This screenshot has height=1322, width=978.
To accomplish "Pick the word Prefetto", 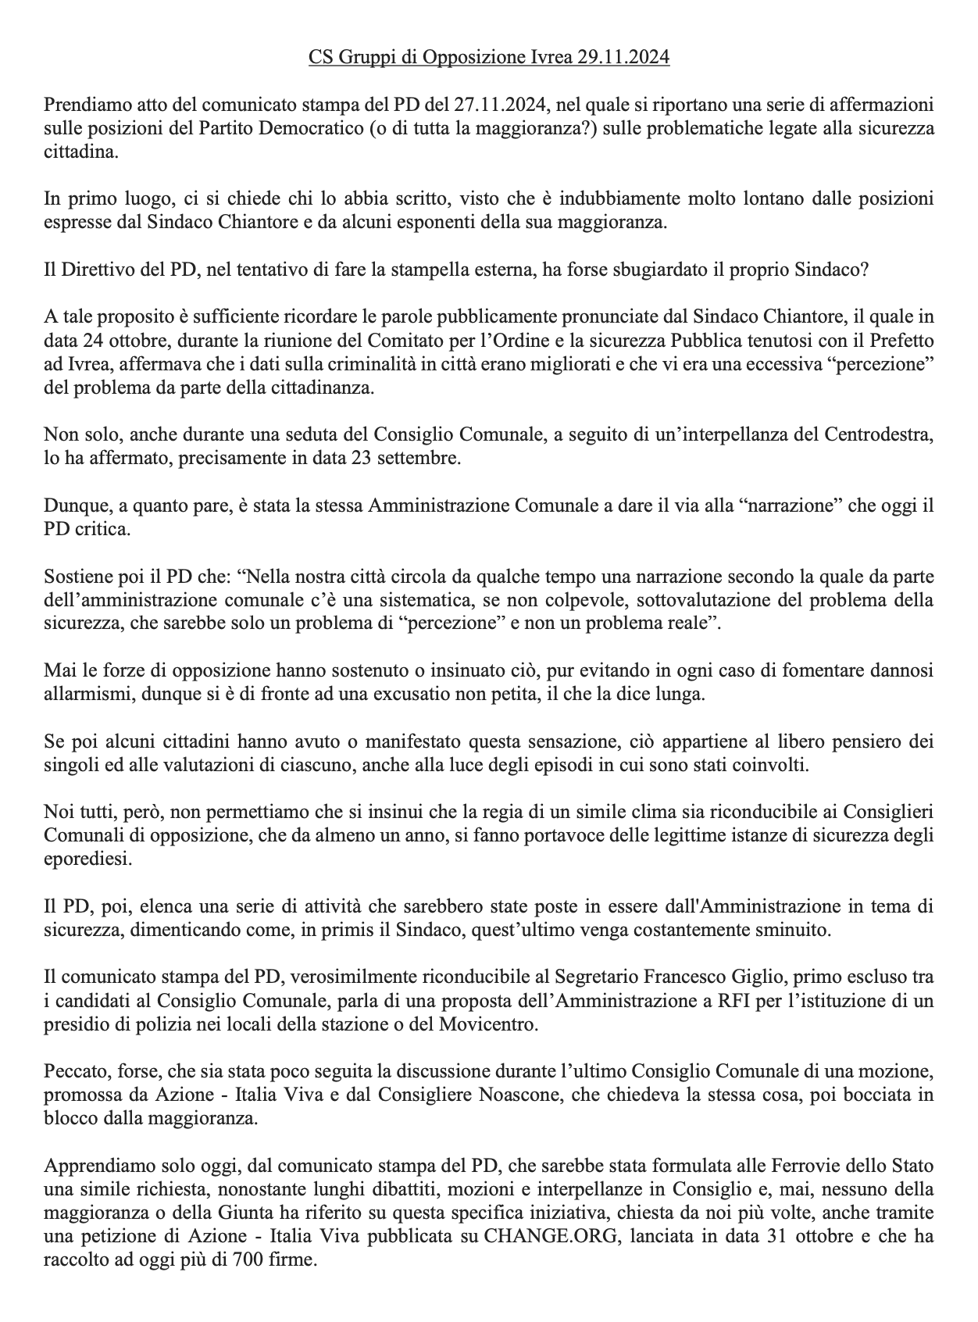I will click(898, 341).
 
